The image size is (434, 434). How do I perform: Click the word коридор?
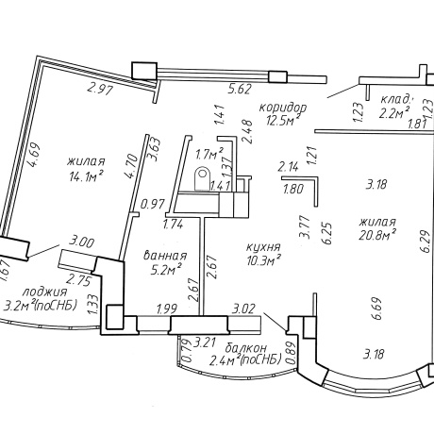click(283, 108)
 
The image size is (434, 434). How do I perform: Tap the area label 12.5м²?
click(282, 120)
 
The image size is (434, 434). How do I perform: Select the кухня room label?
click(263, 247)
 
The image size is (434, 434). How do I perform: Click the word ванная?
click(165, 256)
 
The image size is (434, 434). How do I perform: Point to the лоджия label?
click(44, 292)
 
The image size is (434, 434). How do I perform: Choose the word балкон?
click(246, 348)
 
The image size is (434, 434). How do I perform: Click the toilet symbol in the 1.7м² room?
click(202, 179)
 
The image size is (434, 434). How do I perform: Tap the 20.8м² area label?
click(377, 234)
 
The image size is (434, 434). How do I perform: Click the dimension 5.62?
click(240, 90)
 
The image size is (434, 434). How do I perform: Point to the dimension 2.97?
click(100, 91)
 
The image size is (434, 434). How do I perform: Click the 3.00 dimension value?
click(82, 243)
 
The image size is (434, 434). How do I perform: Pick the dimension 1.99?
click(167, 309)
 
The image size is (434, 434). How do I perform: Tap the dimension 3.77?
click(305, 226)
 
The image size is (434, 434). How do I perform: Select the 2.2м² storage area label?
click(394, 112)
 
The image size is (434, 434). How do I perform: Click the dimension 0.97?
click(153, 205)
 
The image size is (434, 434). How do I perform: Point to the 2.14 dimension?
click(288, 167)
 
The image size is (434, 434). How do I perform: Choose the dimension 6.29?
click(426, 242)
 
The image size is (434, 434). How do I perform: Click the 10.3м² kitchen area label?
click(263, 259)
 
